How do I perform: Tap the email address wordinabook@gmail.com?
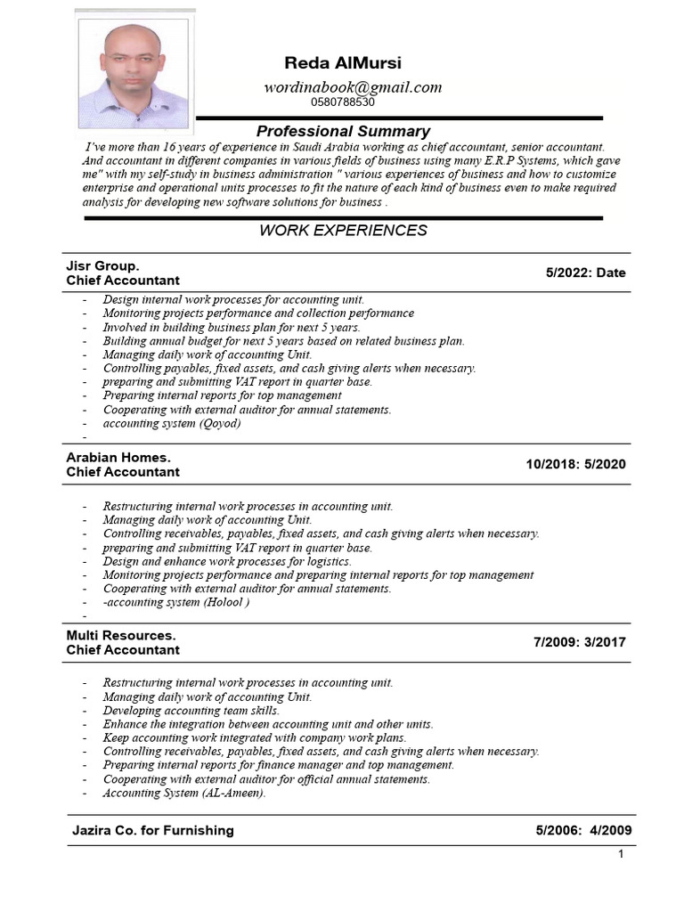click(x=353, y=86)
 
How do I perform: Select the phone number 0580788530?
click(x=343, y=102)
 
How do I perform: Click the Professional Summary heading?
click(x=343, y=131)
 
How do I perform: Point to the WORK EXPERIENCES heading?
click(x=343, y=231)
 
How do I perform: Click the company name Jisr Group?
click(x=102, y=265)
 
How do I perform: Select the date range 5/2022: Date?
click(x=585, y=273)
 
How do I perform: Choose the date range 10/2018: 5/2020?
click(x=575, y=464)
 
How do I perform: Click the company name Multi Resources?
click(x=121, y=635)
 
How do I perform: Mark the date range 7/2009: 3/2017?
click(x=579, y=642)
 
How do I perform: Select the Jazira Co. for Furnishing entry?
click(x=152, y=830)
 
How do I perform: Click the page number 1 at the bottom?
click(x=621, y=855)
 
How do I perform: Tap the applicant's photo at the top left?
click(x=134, y=75)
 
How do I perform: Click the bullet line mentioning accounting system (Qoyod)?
click(x=172, y=423)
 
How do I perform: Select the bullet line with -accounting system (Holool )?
click(x=175, y=601)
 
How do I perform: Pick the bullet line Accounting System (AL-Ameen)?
click(x=184, y=793)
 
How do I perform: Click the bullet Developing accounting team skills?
click(x=191, y=711)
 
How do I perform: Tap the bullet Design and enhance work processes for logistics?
click(x=227, y=561)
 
